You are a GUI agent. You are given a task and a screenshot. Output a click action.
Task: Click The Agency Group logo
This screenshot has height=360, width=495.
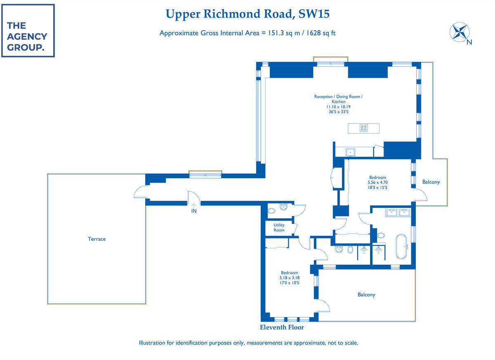click(x=28, y=31)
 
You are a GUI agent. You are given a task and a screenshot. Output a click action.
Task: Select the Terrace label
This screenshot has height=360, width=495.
click(x=97, y=239)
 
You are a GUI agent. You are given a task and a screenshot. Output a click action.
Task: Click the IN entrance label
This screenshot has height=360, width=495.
click(x=194, y=211)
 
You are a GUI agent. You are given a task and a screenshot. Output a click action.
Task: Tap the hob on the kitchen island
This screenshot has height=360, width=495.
click(x=363, y=128)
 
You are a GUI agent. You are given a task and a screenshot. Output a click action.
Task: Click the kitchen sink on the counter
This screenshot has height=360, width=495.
click(x=350, y=152)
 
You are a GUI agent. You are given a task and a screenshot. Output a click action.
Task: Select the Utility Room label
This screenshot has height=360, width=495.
click(x=279, y=228)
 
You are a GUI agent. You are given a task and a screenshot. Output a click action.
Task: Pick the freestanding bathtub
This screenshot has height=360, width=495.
click(x=401, y=246)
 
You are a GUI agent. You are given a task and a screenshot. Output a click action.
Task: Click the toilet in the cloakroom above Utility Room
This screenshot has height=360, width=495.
click(x=271, y=211)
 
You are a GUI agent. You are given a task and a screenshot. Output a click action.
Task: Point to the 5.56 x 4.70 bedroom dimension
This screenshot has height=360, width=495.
click(x=377, y=182)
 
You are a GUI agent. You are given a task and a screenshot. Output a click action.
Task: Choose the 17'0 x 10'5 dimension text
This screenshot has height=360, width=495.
click(x=289, y=283)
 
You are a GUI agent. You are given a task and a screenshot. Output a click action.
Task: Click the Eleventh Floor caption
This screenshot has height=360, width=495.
click(x=282, y=327)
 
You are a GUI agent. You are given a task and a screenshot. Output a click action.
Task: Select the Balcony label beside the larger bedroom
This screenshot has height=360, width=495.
click(x=431, y=182)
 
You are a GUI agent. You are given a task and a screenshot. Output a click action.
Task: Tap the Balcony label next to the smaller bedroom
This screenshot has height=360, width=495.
click(x=366, y=295)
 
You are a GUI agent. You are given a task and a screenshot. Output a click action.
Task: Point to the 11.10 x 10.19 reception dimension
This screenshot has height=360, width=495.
click(x=338, y=106)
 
